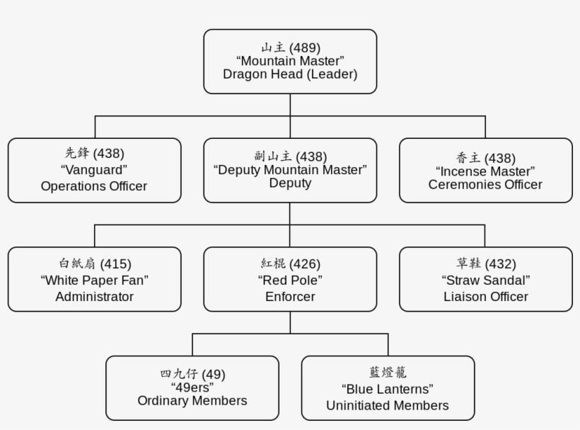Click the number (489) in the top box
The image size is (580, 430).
click(x=305, y=48)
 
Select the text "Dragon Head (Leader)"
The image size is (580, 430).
click(x=290, y=74)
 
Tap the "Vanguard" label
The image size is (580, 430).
click(x=94, y=170)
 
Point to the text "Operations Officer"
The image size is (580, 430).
click(x=94, y=186)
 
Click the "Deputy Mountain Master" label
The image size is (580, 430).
click(x=290, y=170)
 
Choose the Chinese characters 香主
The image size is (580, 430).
click(x=468, y=158)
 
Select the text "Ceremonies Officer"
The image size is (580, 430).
click(x=485, y=185)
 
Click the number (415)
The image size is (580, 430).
click(x=115, y=264)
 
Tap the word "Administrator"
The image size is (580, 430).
click(x=94, y=297)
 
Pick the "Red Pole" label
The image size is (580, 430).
click(x=290, y=281)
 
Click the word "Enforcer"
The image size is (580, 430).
click(x=290, y=297)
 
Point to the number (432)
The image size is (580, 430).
click(x=500, y=264)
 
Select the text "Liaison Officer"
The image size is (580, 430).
click(x=485, y=297)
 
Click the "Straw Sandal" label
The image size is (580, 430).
click(x=485, y=281)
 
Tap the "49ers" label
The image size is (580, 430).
click(x=192, y=387)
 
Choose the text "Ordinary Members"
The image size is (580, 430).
click(x=192, y=401)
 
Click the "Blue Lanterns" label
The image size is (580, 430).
click(x=388, y=389)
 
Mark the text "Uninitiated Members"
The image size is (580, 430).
click(x=388, y=405)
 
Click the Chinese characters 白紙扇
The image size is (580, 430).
click(x=77, y=264)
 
